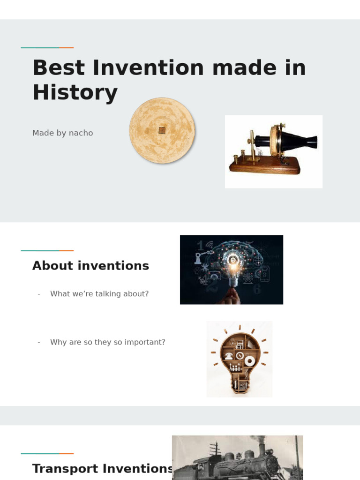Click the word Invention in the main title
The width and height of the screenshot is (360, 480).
(148, 68)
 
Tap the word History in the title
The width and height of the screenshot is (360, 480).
(75, 92)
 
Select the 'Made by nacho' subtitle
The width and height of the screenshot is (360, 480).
(63, 133)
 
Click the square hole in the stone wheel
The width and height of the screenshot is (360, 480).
(162, 130)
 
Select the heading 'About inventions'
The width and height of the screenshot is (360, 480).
(90, 266)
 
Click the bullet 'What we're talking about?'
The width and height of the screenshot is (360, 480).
(99, 294)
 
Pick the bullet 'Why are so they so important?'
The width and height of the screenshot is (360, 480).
(108, 342)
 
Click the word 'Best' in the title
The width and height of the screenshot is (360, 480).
(59, 68)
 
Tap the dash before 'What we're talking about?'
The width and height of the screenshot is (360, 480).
(39, 294)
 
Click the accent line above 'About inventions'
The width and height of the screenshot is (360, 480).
(47, 251)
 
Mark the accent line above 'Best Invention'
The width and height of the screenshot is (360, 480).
(47, 48)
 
